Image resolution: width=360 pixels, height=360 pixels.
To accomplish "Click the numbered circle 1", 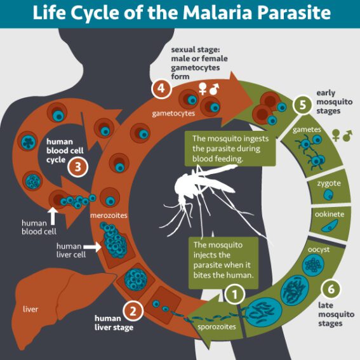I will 234,294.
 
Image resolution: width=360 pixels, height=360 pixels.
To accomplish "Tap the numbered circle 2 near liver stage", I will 133,310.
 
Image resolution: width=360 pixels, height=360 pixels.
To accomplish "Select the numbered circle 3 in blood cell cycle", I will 77,168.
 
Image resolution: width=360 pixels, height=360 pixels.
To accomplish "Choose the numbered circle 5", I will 303,104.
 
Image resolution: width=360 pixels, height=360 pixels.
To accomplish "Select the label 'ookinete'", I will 330,214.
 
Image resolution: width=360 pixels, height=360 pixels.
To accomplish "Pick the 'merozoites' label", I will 109,216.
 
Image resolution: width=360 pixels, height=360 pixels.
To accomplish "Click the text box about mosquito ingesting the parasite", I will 226,148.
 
